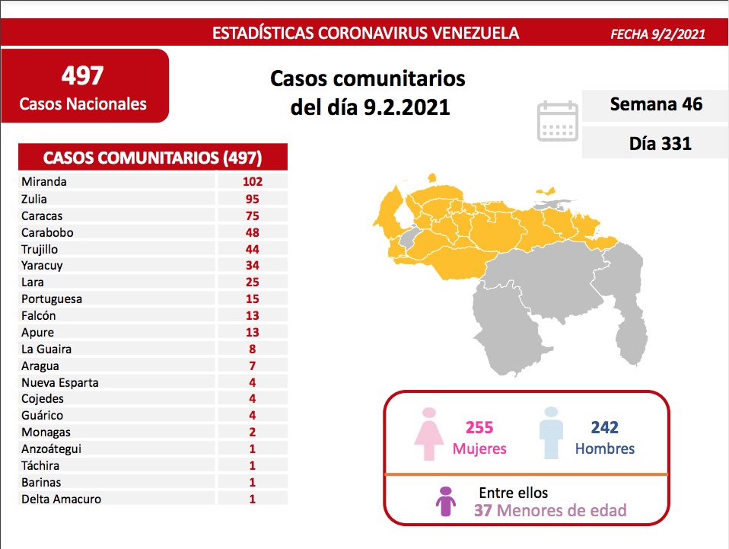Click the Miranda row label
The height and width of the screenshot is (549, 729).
(x=44, y=182)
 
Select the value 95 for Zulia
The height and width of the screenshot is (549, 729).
(x=252, y=199)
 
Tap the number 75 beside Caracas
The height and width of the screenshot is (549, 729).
(x=252, y=215)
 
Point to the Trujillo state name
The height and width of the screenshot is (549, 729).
(x=40, y=249)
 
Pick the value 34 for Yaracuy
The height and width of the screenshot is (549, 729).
(x=252, y=266)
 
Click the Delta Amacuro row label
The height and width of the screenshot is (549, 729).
(x=61, y=500)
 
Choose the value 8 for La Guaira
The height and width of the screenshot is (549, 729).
(x=252, y=350)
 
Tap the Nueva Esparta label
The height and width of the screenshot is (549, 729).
(x=60, y=382)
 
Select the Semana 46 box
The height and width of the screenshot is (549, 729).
(x=655, y=104)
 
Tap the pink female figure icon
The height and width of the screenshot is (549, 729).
(x=428, y=435)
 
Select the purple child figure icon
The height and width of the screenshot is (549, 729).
(x=444, y=502)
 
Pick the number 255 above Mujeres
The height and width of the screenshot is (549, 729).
(x=479, y=428)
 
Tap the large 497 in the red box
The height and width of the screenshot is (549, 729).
(x=83, y=75)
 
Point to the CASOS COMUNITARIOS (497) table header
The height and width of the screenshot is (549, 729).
(x=153, y=158)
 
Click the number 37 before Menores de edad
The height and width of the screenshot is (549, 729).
(x=482, y=510)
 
